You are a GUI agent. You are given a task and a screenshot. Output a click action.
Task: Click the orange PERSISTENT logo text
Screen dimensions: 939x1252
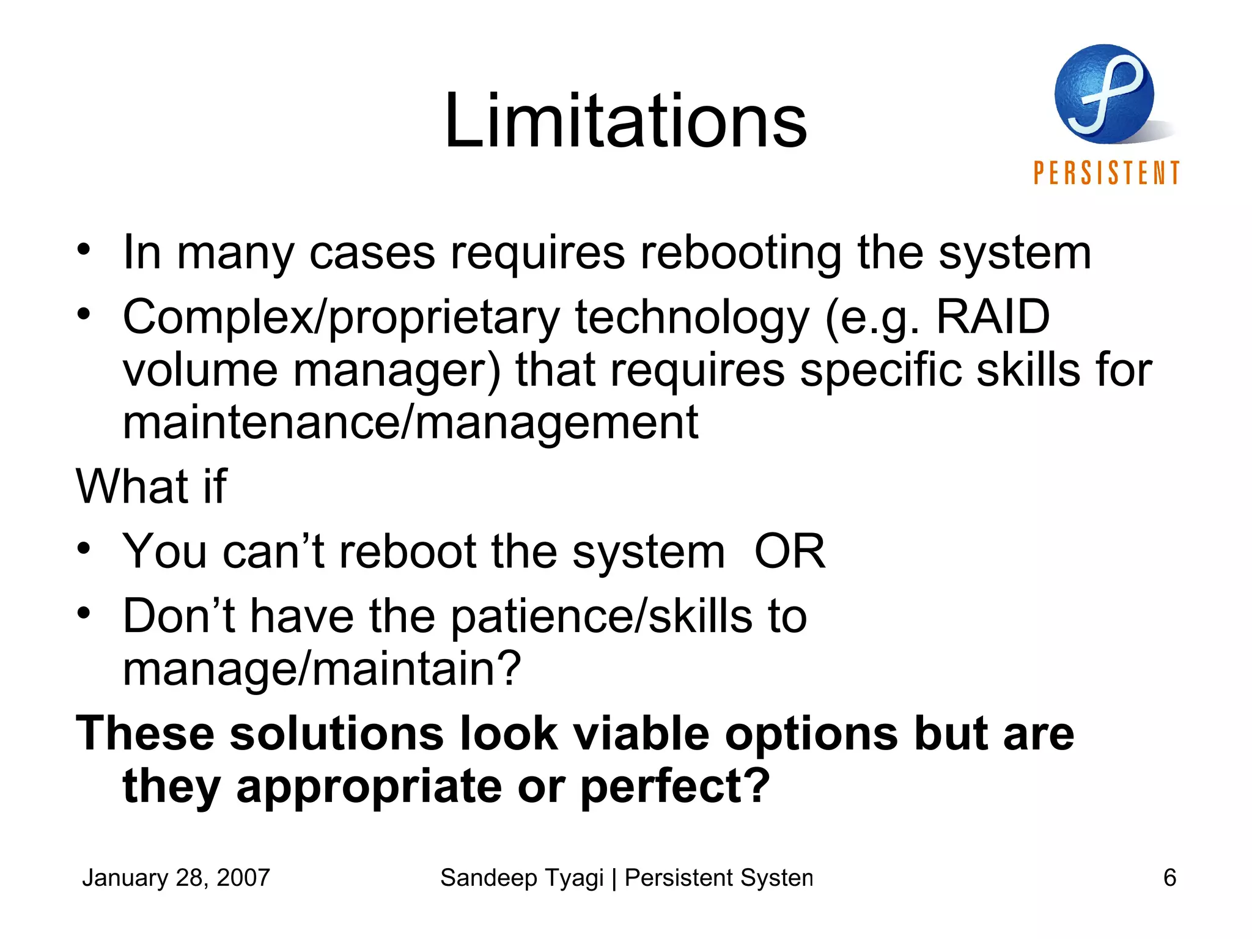(x=1106, y=173)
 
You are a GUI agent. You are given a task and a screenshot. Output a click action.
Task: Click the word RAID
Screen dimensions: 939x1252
(x=993, y=317)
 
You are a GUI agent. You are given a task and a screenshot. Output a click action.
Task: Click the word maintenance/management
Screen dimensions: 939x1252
(x=410, y=422)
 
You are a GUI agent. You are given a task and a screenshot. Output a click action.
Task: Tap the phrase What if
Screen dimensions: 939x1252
(x=151, y=487)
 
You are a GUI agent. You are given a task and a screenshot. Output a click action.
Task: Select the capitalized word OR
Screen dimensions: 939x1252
(x=789, y=551)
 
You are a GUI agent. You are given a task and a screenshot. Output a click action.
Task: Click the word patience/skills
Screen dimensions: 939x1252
(x=602, y=617)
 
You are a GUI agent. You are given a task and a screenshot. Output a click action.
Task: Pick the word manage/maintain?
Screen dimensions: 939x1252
(x=322, y=669)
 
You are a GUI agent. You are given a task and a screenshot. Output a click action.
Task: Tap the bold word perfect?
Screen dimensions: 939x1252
(x=675, y=787)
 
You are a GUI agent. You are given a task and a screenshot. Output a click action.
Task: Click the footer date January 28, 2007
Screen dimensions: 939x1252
(x=176, y=878)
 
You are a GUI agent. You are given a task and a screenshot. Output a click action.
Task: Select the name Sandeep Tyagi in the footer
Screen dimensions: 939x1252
(x=521, y=878)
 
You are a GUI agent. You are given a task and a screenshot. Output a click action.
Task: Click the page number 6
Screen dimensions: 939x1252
(x=1169, y=878)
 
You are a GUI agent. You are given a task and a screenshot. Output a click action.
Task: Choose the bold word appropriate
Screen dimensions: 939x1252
(x=369, y=787)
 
